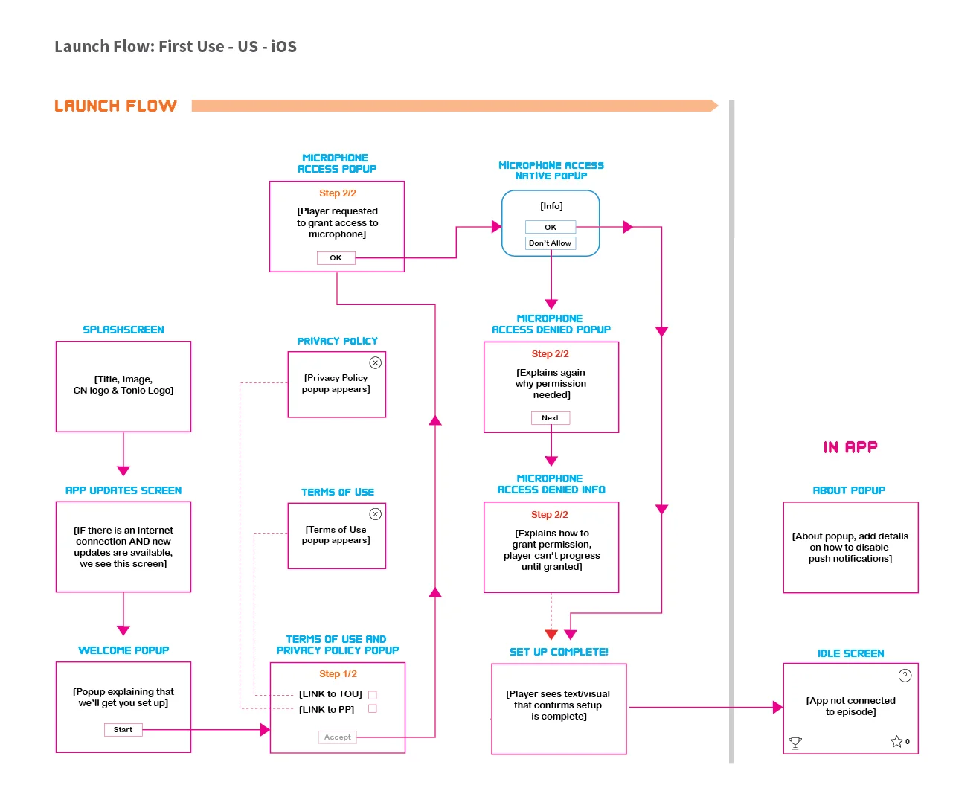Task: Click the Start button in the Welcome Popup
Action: tap(123, 730)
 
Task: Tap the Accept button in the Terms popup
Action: tap(337, 737)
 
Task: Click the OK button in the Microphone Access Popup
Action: tap(336, 258)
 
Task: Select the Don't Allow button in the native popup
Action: tap(550, 243)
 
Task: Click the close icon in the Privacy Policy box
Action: tap(376, 363)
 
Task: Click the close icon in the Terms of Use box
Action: tap(376, 514)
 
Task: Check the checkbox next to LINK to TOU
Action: tap(373, 695)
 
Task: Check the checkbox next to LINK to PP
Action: tap(373, 709)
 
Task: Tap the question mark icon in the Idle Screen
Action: tap(905, 676)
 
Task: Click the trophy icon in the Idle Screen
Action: tap(795, 743)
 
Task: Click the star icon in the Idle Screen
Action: tap(896, 742)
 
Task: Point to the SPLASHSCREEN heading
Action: tap(123, 330)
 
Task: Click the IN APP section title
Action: tap(850, 447)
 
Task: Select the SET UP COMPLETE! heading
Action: tap(559, 652)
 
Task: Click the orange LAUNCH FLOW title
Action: tap(115, 106)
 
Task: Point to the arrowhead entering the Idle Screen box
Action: tap(778, 708)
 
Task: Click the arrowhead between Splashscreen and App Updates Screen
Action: tap(123, 471)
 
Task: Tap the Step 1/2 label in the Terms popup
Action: tap(338, 674)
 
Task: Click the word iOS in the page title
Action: tap(283, 47)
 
